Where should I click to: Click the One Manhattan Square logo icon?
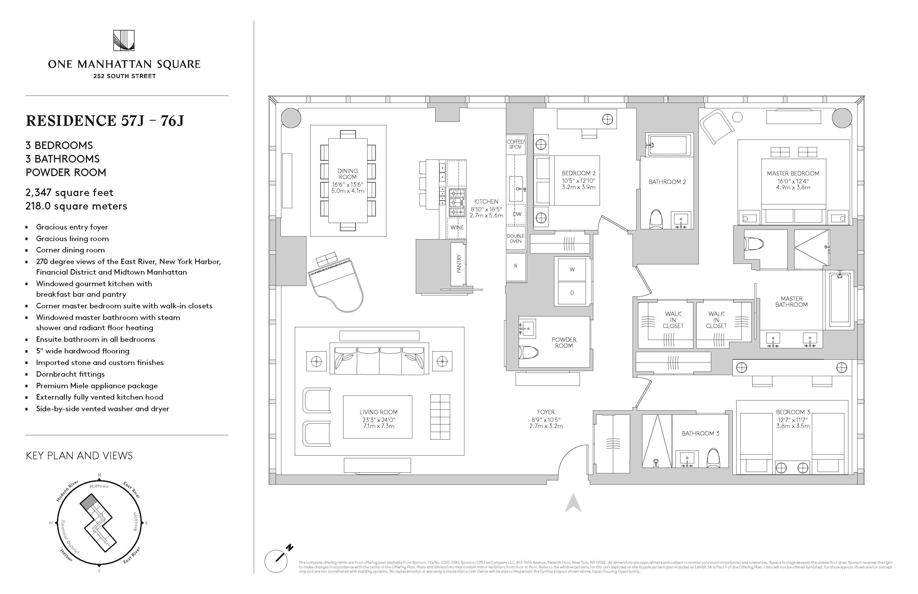[x=124, y=40]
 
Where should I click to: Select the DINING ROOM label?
[x=347, y=174]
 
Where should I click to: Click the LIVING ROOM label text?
[x=378, y=412]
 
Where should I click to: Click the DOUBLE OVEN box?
[x=515, y=238]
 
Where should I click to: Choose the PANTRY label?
[x=459, y=264]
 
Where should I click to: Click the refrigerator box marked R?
[x=516, y=266]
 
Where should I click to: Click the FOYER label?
[x=545, y=412]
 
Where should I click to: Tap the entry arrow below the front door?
[x=573, y=503]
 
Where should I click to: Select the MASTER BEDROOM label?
[x=793, y=174]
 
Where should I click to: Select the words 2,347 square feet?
[x=69, y=193]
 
